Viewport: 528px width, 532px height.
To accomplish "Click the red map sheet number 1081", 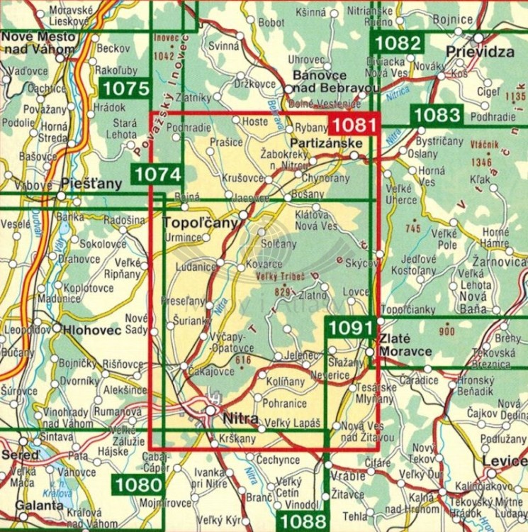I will tap(352, 125).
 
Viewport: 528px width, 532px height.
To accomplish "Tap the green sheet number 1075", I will tap(125, 89).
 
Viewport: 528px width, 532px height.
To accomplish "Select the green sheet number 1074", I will tap(156, 174).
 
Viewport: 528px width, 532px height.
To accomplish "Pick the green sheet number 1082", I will tap(398, 43).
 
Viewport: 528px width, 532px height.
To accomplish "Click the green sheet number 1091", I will tap(349, 328).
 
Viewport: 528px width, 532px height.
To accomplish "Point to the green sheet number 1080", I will tap(136, 486).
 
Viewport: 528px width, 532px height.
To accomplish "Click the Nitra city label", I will tap(239, 418).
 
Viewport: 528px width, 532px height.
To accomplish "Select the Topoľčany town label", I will tap(200, 223).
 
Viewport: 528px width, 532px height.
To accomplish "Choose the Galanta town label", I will tap(25, 506).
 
